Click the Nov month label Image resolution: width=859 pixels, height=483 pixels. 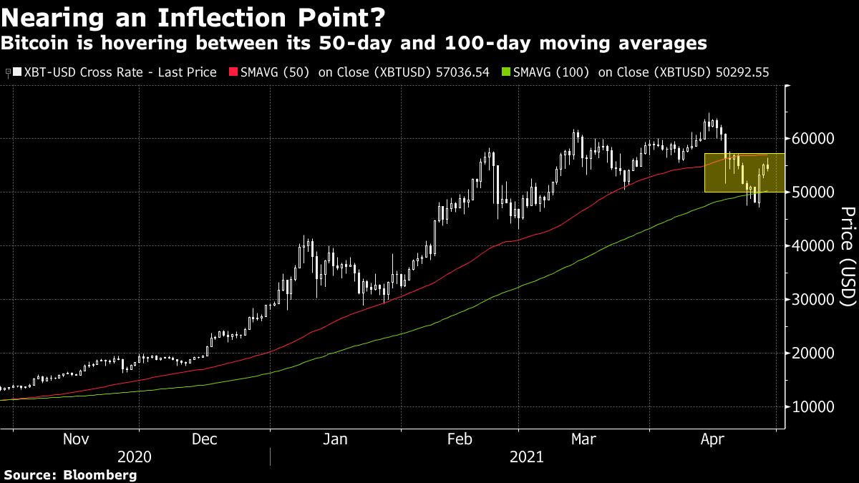(76, 439)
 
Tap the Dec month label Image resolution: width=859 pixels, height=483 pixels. (205, 439)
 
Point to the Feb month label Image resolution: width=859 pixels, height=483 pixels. (460, 439)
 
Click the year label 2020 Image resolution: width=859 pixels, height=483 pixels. (135, 457)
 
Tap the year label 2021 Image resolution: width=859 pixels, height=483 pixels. (527, 457)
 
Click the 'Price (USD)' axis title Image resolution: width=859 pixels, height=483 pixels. (848, 256)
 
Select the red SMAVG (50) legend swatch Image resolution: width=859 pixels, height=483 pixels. (232, 72)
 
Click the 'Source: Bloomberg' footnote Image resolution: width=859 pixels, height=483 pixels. (70, 474)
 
